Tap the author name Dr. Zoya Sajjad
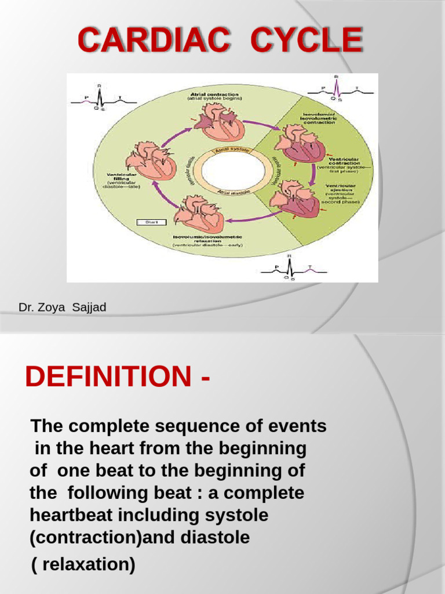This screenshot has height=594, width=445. (63, 307)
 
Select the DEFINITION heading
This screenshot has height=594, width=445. (108, 378)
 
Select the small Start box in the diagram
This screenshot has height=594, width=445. (151, 222)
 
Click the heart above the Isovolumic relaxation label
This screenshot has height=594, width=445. (199, 213)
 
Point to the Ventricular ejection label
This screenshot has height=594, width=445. (341, 194)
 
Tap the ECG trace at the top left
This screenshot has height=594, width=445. (104, 99)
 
